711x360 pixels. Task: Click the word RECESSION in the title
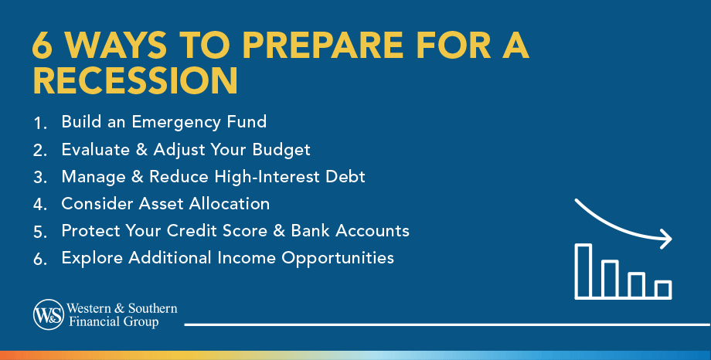[135, 80]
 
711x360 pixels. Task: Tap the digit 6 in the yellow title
[43, 46]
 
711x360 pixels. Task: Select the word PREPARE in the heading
[322, 46]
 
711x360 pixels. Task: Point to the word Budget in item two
[281, 150]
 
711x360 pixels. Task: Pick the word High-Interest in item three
[267, 177]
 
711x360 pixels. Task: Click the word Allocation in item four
[229, 204]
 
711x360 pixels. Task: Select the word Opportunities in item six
[338, 259]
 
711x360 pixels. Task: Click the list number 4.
[40, 205]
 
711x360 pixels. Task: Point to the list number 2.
[40, 151]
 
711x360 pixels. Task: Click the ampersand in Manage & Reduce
[138, 177]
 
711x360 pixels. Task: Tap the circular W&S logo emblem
[49, 314]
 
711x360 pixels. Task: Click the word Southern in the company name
[153, 308]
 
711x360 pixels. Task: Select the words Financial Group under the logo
[114, 322]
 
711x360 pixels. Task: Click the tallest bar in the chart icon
[583, 271]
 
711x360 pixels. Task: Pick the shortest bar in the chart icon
[663, 289]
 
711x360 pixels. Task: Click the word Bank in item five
[311, 231]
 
